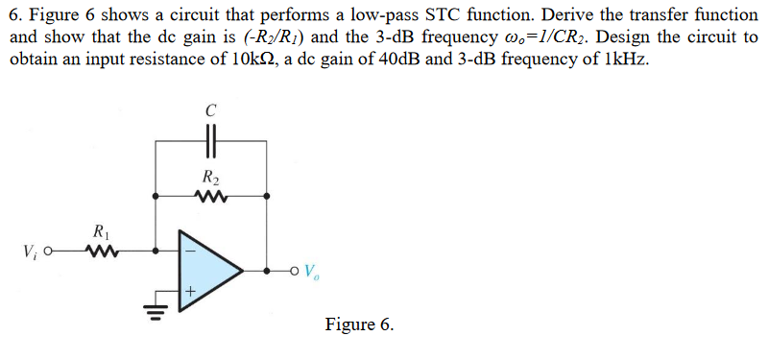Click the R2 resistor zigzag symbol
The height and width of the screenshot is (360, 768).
210,197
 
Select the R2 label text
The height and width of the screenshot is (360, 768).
210,177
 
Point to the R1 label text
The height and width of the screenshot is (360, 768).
101,231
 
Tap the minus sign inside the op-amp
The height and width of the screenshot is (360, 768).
190,252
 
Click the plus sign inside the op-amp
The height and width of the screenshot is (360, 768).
190,289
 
